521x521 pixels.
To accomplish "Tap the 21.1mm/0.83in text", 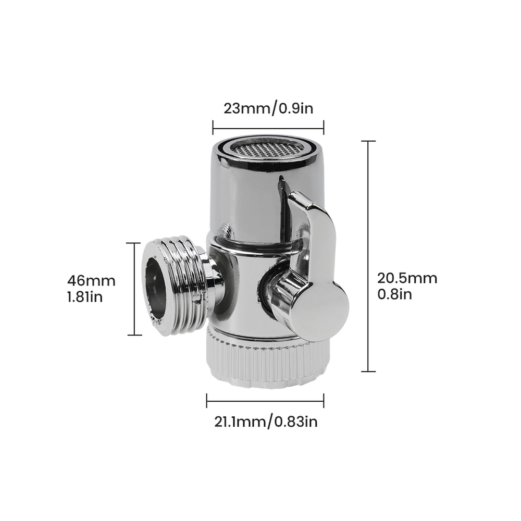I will (265, 421).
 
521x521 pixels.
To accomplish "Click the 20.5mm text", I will (407, 278).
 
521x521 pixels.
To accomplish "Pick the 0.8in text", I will (394, 294).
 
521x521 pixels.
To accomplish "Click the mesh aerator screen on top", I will (268, 150).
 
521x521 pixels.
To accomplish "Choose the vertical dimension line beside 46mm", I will (134, 289).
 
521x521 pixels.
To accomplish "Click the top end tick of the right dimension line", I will (368, 141).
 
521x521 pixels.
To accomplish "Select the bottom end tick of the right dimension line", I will (368, 371).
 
